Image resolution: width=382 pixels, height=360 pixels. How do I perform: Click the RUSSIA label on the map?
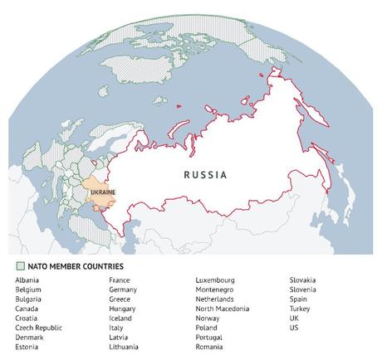(205, 175)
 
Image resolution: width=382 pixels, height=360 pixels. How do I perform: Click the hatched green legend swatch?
(20, 266)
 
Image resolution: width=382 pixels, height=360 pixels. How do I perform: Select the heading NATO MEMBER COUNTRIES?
(76, 266)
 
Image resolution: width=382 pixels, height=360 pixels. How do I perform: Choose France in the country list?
(119, 281)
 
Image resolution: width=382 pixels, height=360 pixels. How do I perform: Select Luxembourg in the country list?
(215, 281)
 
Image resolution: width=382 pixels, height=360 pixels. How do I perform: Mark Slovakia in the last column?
(303, 281)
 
